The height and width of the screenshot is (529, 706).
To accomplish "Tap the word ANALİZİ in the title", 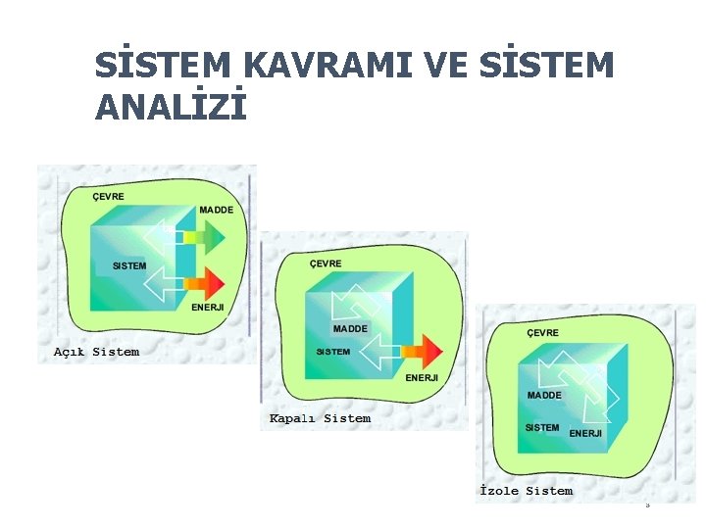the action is (171, 107).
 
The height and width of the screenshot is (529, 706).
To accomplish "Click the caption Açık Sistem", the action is (96, 352).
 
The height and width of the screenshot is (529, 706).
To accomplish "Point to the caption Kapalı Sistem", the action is (320, 418).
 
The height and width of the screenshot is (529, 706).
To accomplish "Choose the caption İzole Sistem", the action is (526, 491).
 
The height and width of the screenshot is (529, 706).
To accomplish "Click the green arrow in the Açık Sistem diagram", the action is (203, 237).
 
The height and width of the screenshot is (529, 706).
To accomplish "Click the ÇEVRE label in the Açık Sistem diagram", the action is (108, 196).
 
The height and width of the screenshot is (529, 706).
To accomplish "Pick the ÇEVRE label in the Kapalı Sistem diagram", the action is (326, 264).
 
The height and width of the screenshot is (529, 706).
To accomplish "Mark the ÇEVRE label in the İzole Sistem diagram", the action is (543, 333).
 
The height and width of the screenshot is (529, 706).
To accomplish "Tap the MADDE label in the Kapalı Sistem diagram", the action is (350, 328).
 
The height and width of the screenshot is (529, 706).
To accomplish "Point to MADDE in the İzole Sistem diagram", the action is (544, 395).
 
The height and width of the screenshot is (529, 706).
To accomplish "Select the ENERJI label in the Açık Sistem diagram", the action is (208, 308).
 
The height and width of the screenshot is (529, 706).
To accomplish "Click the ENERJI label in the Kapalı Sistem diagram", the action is (422, 377).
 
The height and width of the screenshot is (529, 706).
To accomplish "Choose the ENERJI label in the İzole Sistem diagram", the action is (585, 433).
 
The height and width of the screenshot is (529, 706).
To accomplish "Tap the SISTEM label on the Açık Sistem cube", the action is (129, 266).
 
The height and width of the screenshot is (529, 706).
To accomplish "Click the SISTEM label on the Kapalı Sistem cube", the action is (333, 352).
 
